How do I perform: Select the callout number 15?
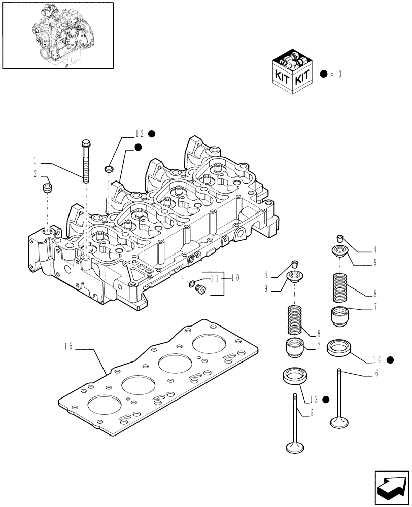pos(68,347)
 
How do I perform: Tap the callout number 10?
pos(236,278)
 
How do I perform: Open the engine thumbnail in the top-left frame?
pos(58,34)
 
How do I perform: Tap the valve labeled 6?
pos(338,398)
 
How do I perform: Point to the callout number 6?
pos(376,374)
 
